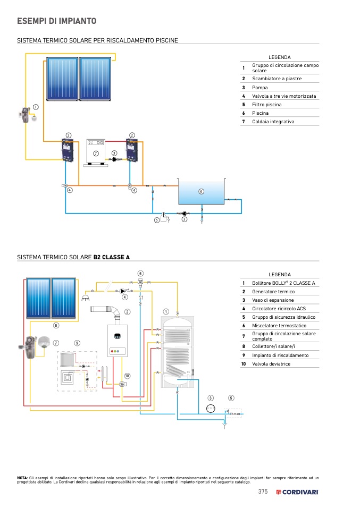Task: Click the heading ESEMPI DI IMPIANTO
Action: pos(57,21)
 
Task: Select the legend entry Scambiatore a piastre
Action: pos(277,79)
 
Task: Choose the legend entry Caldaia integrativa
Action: pos(273,122)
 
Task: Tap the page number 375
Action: pos(263,492)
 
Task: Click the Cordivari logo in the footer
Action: pos(298,492)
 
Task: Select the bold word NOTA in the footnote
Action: pos(22,478)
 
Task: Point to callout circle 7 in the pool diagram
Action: pos(96,153)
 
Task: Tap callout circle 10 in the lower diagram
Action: pos(127,376)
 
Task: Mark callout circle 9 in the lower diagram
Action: pos(77,343)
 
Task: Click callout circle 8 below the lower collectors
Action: pos(55,325)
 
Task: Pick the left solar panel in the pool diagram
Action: pos(62,79)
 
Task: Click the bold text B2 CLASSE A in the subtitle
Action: pos(112,257)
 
